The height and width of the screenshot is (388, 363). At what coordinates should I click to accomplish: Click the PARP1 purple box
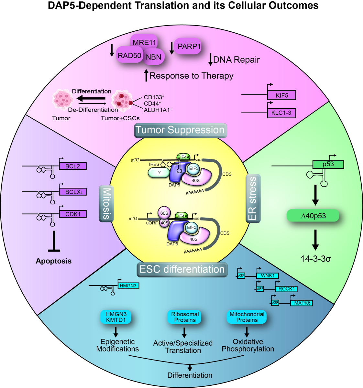189,46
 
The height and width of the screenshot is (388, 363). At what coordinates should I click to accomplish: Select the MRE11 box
144,42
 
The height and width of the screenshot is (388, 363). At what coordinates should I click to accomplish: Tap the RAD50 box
129,56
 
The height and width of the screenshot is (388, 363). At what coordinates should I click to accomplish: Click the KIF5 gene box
281,95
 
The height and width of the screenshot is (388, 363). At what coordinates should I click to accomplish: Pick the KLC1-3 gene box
281,113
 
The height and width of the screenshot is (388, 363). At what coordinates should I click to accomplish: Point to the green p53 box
328,164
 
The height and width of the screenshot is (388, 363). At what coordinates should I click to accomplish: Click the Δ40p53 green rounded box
313,216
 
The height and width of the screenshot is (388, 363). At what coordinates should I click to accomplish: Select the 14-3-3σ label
315,259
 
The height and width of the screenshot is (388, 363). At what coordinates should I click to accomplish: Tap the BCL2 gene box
73,166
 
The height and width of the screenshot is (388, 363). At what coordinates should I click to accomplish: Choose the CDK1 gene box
73,214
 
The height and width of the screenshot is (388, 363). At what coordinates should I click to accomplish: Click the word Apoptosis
54,261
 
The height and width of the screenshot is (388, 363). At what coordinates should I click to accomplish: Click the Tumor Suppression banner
180,130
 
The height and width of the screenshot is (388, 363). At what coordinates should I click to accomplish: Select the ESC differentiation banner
182,269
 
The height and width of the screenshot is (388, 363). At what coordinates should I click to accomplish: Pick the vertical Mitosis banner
106,203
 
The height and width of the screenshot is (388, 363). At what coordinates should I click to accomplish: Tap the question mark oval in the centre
159,173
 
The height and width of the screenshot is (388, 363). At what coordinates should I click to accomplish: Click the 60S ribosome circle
164,213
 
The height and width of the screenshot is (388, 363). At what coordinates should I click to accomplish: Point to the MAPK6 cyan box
302,303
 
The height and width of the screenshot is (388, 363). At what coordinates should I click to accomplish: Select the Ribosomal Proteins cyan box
185,317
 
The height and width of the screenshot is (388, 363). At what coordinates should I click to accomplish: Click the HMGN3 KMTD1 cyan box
116,317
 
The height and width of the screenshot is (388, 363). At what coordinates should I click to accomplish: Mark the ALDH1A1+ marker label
158,110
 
